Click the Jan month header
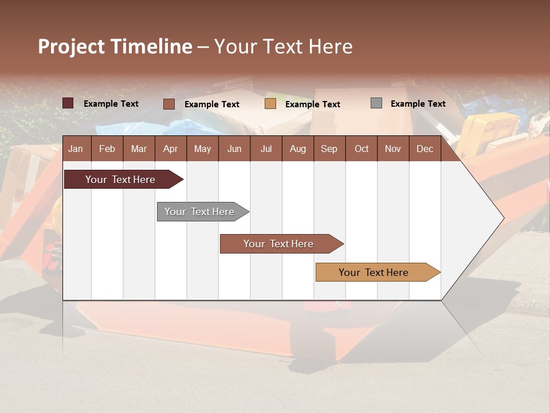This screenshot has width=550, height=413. (x=76, y=149)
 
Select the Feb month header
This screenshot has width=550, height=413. (x=107, y=149)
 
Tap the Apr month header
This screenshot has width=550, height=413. (x=170, y=149)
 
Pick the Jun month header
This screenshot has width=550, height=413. (x=234, y=149)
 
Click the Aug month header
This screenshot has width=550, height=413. (x=297, y=149)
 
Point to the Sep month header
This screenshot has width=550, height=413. (x=329, y=149)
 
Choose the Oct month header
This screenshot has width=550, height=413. (x=362, y=149)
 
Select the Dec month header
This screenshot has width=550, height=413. (x=425, y=149)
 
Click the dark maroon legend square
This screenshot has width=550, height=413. (x=68, y=103)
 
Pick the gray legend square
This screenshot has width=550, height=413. (x=376, y=103)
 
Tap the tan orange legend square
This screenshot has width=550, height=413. (x=270, y=104)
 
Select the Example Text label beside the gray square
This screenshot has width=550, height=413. (x=418, y=104)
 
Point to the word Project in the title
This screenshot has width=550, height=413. (x=72, y=46)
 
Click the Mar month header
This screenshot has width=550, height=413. (x=139, y=149)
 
